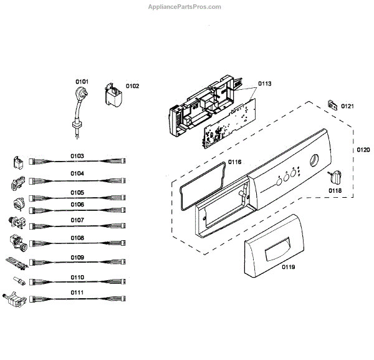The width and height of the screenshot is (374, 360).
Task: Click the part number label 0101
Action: point(82,81)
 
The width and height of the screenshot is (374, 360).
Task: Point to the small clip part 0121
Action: point(331,105)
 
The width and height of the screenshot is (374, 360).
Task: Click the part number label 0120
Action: point(364,150)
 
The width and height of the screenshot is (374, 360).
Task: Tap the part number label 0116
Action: point(234,162)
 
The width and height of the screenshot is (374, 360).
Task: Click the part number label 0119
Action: point(287,267)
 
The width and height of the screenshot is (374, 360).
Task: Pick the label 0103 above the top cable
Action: point(77,155)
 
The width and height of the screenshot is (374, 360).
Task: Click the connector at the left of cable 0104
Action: point(17,183)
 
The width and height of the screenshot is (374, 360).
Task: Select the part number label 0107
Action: point(77,220)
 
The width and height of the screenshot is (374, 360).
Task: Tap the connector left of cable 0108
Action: point(17,242)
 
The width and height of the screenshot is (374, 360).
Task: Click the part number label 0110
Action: point(77,276)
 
